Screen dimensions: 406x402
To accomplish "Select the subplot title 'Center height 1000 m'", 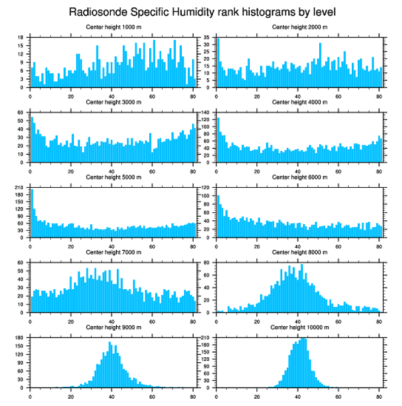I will tap(113, 27).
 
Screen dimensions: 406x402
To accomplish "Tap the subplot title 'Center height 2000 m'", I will tap(300, 27).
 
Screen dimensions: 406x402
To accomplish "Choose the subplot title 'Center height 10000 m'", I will tap(300, 327).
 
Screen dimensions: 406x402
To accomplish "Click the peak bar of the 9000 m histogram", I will tap(110, 365).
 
